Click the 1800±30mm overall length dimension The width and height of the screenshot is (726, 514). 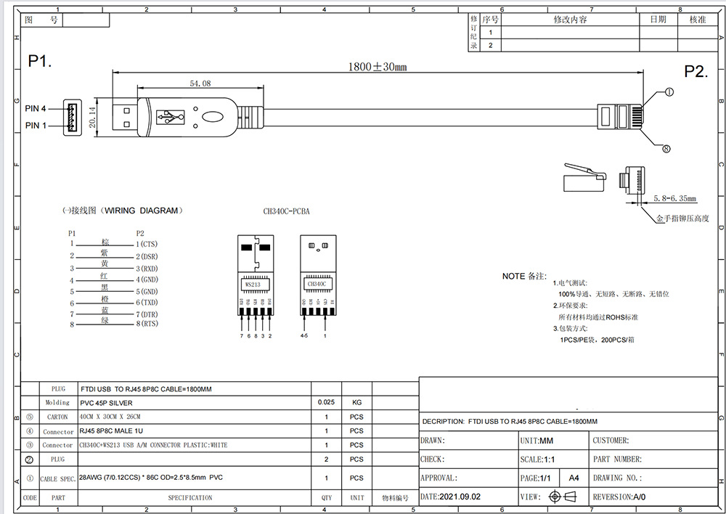click(x=377, y=67)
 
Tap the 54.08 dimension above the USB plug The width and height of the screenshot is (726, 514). click(x=200, y=84)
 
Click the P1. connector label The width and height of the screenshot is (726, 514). click(x=40, y=61)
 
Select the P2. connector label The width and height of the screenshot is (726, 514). click(x=696, y=71)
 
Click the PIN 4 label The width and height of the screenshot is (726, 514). click(x=36, y=108)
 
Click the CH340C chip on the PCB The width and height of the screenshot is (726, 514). click(x=318, y=284)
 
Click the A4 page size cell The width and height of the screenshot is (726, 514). click(x=574, y=478)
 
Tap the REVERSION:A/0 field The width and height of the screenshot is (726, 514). click(x=619, y=497)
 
